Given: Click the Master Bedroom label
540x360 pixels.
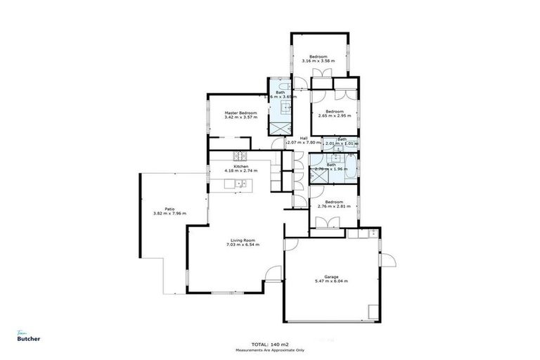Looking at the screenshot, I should pyautogui.click(x=240, y=112).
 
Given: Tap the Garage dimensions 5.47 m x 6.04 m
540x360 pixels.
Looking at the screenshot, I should pyautogui.click(x=331, y=281).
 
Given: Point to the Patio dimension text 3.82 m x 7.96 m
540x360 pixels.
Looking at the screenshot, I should pyautogui.click(x=169, y=213).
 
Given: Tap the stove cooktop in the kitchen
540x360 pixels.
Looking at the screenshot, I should pyautogui.click(x=240, y=156).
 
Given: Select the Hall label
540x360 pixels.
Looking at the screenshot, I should pyautogui.click(x=304, y=138).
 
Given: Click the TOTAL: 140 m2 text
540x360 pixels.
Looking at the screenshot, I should pyautogui.click(x=270, y=344).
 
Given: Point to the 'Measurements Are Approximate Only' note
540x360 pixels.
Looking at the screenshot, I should pyautogui.click(x=270, y=349).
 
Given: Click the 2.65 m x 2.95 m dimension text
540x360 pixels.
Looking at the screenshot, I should pyautogui.click(x=334, y=116).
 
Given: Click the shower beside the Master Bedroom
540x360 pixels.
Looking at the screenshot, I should pyautogui.click(x=281, y=129).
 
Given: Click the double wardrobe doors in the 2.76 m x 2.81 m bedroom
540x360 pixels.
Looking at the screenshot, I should pyautogui.click(x=328, y=222).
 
